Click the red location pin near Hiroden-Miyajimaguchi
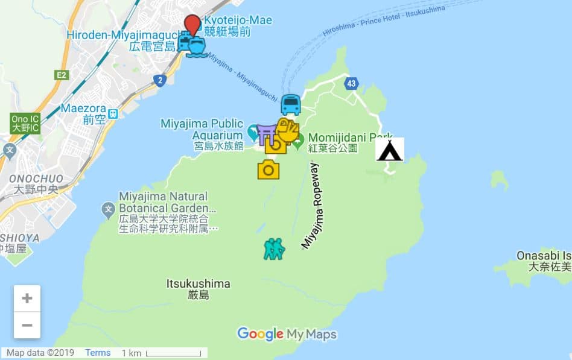(192, 25)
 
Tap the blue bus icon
(291, 105)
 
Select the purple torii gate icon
(266, 134)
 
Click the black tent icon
(389, 150)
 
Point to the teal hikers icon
(274, 248)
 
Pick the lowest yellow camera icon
(269, 169)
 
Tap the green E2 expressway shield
(62, 75)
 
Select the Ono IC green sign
(25, 123)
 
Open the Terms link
(98, 353)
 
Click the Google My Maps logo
(287, 334)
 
